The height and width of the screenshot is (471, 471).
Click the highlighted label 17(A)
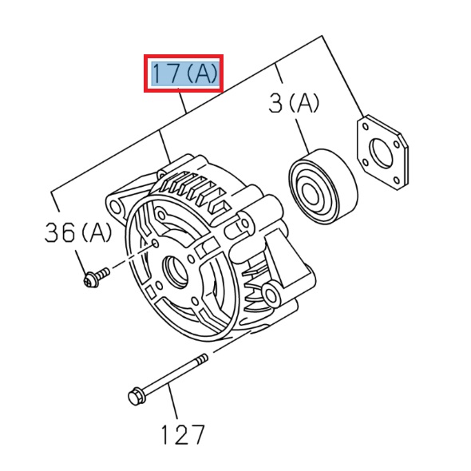click(x=184, y=73)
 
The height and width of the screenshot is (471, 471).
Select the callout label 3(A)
click(x=294, y=103)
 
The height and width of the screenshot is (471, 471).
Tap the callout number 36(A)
click(x=78, y=232)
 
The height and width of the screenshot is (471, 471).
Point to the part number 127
click(x=183, y=435)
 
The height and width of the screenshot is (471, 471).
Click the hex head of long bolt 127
click(x=136, y=396)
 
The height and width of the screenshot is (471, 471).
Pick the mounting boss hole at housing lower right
click(x=273, y=297)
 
